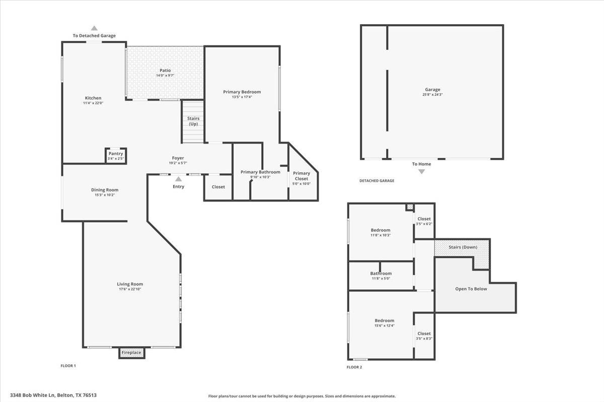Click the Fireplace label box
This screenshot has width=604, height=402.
131,353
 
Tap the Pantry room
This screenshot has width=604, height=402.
116,156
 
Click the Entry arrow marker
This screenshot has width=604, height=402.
178,178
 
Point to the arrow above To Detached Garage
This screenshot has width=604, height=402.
94,28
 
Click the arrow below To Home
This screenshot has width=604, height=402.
421,171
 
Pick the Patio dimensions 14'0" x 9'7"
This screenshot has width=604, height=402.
165,75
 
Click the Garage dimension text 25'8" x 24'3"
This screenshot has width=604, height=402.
432,94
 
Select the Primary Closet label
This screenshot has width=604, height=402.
301,176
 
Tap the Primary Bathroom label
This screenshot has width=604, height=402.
260,172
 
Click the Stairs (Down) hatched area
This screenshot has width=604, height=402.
462,248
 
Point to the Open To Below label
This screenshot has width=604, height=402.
471,289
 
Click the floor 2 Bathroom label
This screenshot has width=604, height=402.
381,274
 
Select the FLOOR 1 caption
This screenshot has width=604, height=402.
68,366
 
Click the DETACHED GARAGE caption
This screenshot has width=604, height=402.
376,181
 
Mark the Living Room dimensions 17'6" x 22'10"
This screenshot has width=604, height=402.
130,289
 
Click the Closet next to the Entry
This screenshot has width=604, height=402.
218,187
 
